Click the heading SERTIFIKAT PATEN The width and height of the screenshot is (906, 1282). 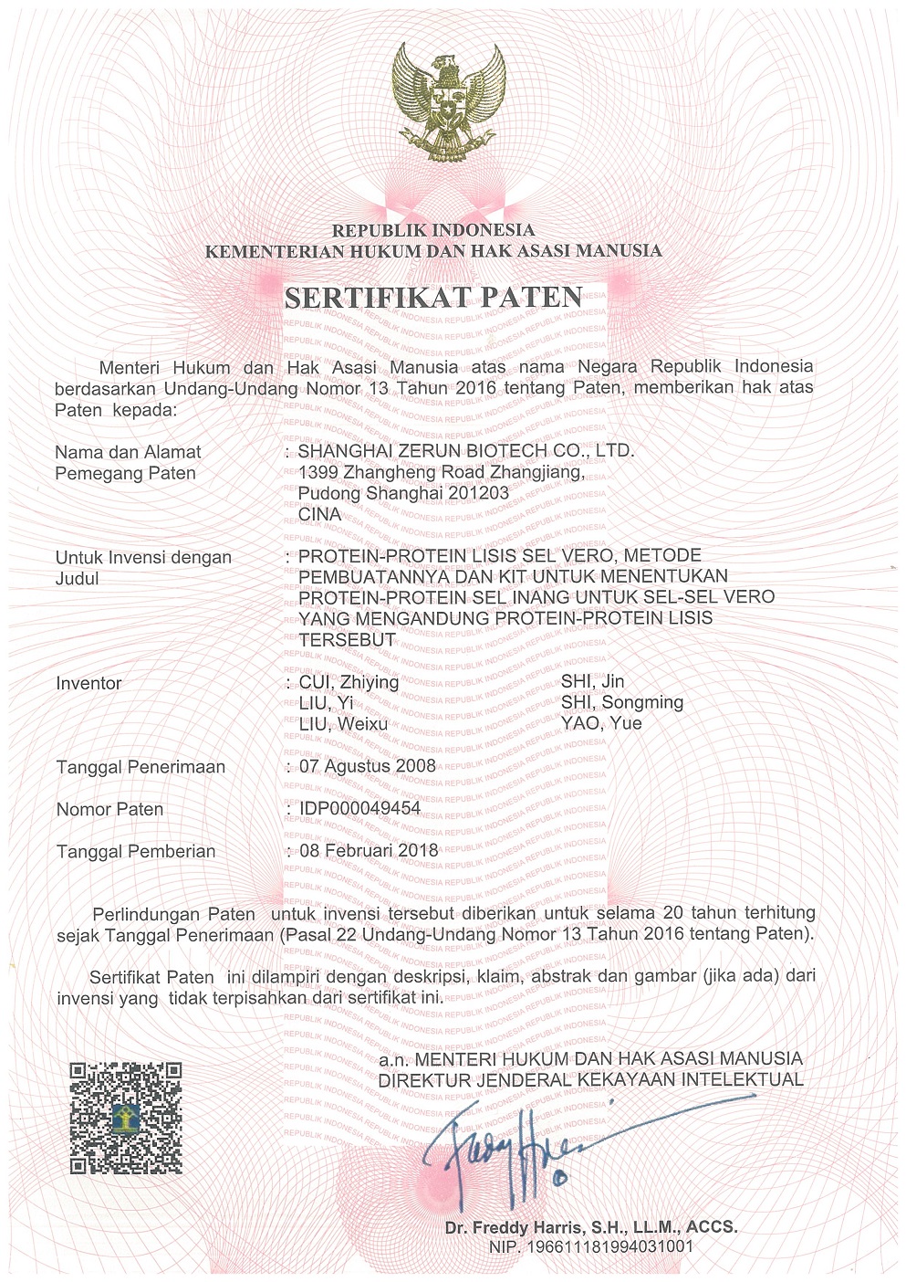433,298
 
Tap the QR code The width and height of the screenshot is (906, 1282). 126,1118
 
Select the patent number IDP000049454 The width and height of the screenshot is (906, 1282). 359,809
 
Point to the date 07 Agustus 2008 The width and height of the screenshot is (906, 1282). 368,766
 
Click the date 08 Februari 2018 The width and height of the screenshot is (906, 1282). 369,851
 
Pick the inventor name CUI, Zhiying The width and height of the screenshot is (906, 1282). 349,682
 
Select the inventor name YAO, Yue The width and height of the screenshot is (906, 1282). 601,724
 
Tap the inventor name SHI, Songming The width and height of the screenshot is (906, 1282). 622,703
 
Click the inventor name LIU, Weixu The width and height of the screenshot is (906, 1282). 343,725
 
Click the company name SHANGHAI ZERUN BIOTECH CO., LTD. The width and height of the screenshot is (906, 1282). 466,450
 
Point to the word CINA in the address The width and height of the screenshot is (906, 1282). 319,515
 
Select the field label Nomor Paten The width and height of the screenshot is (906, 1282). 109,810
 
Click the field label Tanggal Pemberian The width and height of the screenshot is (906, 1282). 136,852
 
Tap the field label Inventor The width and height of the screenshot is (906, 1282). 89,683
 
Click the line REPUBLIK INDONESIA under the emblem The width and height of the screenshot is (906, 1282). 433,230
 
